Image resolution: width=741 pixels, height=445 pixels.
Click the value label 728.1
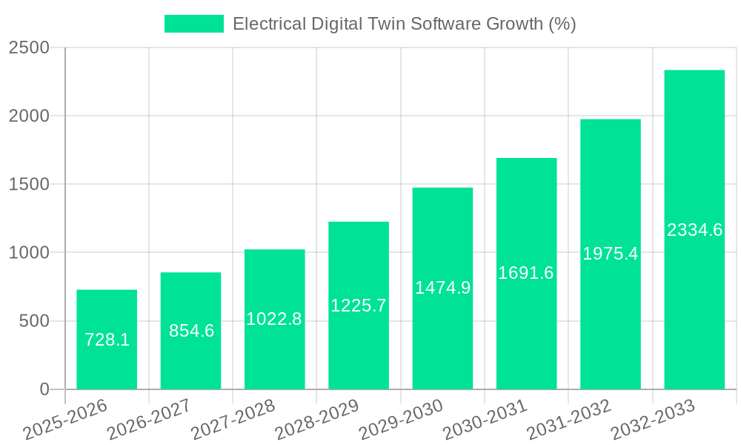(x=107, y=340)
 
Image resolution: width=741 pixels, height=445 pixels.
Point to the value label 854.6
(x=191, y=331)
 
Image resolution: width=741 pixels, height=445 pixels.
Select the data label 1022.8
(x=274, y=319)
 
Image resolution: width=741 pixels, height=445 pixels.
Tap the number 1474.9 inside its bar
(x=442, y=288)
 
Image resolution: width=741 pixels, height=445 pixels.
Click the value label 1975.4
(x=610, y=254)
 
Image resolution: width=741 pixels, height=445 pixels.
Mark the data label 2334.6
(x=694, y=230)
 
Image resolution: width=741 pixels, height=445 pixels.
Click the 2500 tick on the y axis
(x=29, y=48)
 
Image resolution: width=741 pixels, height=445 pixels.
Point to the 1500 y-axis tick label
(x=29, y=185)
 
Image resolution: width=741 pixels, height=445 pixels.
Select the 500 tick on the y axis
(x=34, y=321)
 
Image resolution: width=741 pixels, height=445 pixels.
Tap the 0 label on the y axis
(x=44, y=389)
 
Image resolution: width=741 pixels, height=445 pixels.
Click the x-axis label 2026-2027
(x=149, y=420)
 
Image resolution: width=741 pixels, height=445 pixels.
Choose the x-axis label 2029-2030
(x=401, y=420)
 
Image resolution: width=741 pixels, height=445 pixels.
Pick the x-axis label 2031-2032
(x=569, y=420)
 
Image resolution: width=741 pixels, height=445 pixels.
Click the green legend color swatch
(x=193, y=24)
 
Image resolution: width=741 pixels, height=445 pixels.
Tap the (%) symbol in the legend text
(x=562, y=24)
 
